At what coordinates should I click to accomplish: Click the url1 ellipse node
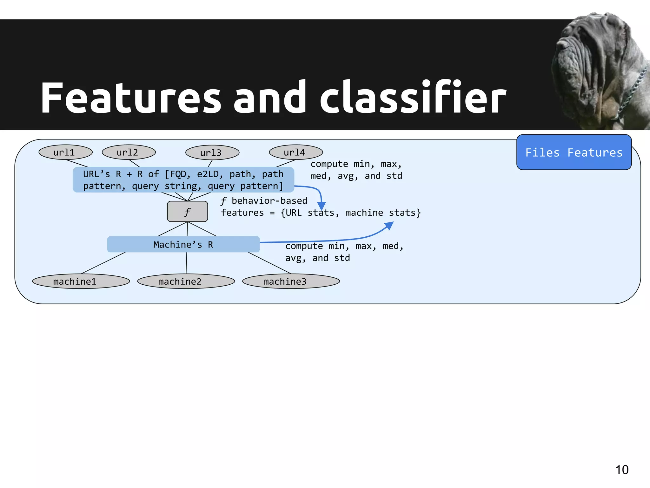tap(65, 152)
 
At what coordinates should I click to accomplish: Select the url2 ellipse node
tap(129, 152)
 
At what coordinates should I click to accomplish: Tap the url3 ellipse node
tap(212, 152)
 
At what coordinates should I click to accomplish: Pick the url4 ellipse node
tap(295, 152)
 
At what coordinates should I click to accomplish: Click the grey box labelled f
tap(187, 212)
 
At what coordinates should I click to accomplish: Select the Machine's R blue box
tap(183, 244)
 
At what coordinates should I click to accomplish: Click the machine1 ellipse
tap(81, 281)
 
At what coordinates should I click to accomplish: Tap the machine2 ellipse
tap(186, 281)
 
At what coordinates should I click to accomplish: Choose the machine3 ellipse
tap(291, 281)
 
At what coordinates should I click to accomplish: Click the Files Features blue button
tap(574, 152)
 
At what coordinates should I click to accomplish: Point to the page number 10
tap(622, 470)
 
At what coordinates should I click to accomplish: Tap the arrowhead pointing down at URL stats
tap(322, 207)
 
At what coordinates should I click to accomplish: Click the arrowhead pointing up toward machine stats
tap(389, 225)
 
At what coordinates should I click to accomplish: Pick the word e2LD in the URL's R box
tap(208, 174)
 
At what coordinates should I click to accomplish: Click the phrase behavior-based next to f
tap(269, 201)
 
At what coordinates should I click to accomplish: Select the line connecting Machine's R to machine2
tap(186, 263)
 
